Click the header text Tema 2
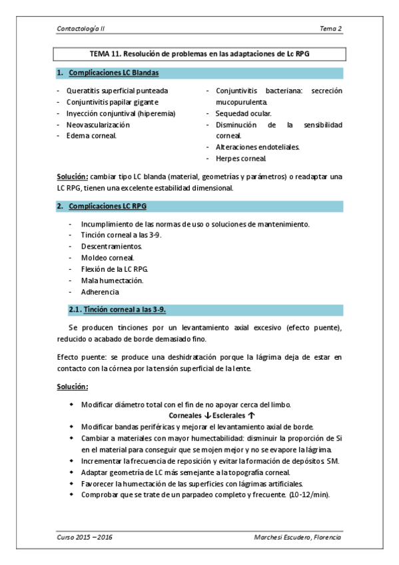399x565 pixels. (330, 29)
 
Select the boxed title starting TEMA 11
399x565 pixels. (199, 53)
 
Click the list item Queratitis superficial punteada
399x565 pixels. (117, 91)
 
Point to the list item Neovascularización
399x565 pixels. (98, 125)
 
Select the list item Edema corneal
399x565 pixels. (91, 136)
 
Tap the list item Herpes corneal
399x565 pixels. (241, 159)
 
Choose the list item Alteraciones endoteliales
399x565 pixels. (257, 147)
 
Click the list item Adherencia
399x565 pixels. (100, 292)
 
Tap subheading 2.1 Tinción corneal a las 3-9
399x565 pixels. (127, 310)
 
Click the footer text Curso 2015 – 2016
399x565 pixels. (84, 537)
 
